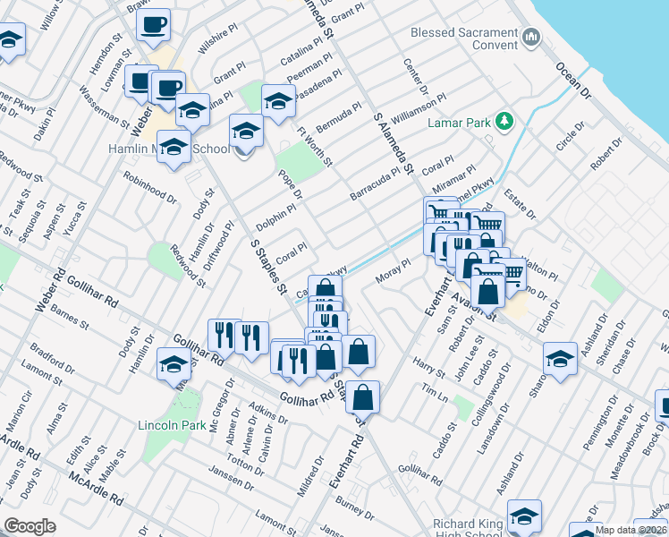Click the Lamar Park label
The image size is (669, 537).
coord(460,121)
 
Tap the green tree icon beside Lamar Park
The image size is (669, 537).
coord(504,120)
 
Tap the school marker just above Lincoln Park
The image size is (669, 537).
coord(174,363)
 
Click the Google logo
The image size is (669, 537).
coord(30,525)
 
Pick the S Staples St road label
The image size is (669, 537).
coord(267,266)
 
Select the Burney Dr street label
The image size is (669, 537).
coord(356,510)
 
